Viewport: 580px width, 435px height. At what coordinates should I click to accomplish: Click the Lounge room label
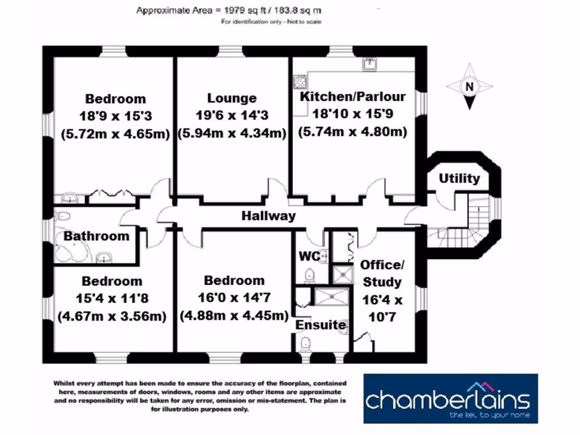point(232,98)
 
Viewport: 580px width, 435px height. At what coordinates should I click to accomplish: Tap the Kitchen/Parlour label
point(353,96)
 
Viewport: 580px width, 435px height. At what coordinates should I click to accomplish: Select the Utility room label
point(459,178)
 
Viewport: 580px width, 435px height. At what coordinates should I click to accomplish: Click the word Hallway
point(268,216)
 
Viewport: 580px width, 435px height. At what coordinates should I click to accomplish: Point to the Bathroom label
point(96,236)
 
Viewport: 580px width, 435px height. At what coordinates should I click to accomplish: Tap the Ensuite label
point(320,325)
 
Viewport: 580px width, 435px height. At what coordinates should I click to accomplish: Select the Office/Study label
point(381,273)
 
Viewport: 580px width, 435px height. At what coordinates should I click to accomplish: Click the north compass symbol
point(468,87)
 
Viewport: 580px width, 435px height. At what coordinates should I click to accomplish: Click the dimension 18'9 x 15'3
point(116,116)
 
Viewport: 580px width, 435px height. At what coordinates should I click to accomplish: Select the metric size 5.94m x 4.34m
point(232,134)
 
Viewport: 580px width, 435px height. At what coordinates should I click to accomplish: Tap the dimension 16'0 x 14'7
point(234,298)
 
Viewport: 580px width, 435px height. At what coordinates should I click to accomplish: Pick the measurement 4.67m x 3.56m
point(112,316)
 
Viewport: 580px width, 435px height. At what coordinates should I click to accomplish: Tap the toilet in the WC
point(310,275)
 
